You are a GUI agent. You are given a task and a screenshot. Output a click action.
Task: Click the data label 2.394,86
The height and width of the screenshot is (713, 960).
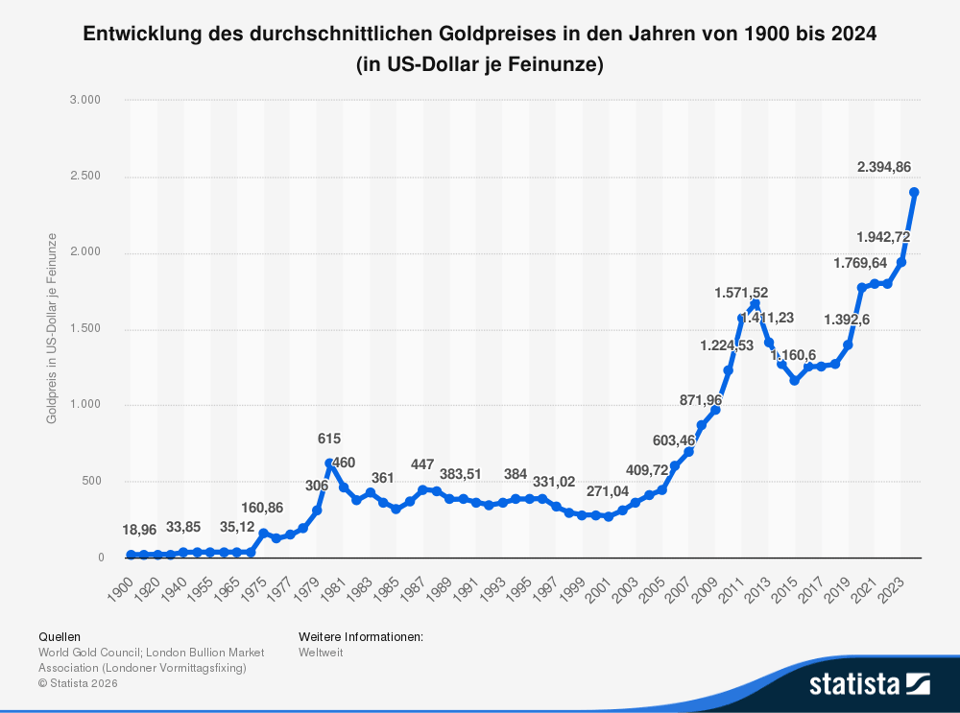pos(883,167)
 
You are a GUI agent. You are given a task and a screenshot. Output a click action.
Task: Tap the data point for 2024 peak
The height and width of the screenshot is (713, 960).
pos(914,192)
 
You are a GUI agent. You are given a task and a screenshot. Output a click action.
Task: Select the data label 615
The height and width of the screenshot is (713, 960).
pos(329,439)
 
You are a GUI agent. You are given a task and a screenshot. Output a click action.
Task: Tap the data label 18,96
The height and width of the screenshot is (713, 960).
pos(139,530)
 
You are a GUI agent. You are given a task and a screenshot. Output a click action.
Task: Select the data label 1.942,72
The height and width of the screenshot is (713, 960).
pos(883,236)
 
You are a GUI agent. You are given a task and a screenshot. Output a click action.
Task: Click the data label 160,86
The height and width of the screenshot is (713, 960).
pos(262,508)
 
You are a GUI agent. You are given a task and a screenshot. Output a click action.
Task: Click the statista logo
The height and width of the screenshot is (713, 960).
pos(869,683)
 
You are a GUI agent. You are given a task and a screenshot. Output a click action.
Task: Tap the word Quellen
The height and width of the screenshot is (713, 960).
pos(60,636)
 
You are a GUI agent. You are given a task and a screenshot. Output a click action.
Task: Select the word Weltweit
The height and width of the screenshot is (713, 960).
pos(321,653)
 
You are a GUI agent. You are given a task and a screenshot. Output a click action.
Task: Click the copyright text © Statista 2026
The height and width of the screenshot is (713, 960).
pos(78,683)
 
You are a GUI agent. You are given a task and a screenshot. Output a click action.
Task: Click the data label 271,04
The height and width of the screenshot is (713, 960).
pos(608,490)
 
